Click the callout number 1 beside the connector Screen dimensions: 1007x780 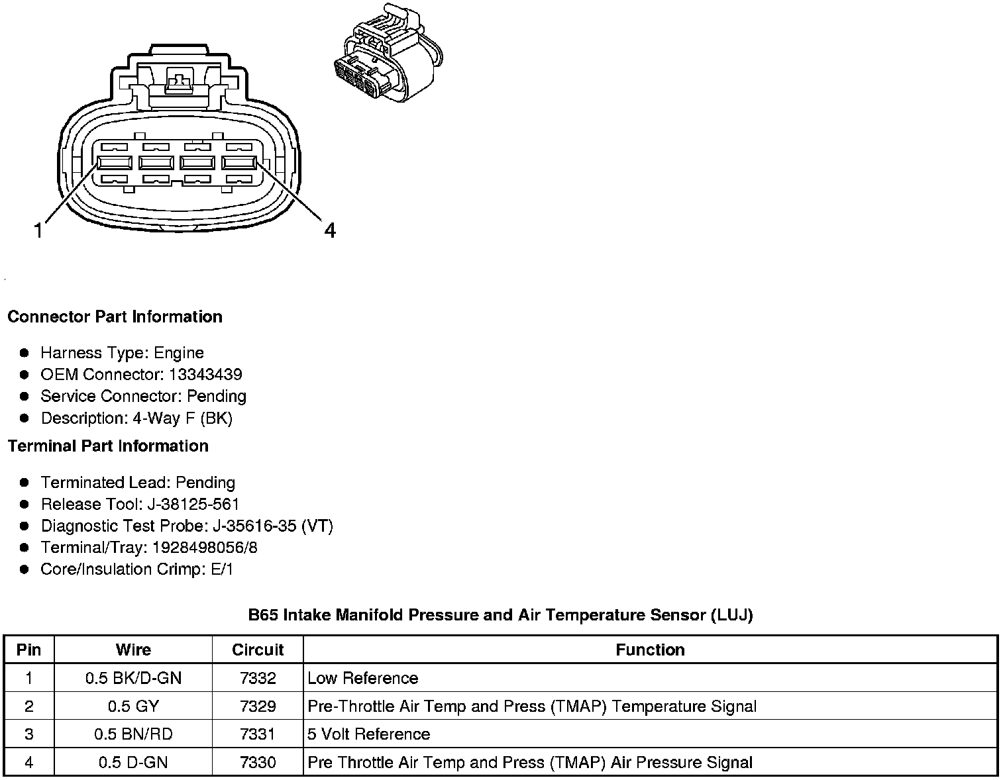pyautogui.click(x=38, y=230)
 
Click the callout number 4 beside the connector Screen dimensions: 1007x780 pyautogui.click(x=329, y=230)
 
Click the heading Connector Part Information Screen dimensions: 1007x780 pyautogui.click(x=115, y=317)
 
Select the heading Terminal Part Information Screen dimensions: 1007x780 pyautogui.click(x=108, y=446)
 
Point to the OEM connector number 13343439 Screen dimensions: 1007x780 pyautogui.click(x=205, y=374)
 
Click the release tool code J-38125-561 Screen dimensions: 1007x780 pyautogui.click(x=193, y=504)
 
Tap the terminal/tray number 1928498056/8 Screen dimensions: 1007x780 pyautogui.click(x=205, y=548)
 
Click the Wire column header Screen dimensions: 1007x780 pyautogui.click(x=133, y=650)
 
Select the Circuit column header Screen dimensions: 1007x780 pyautogui.click(x=258, y=650)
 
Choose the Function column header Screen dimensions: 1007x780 pyautogui.click(x=650, y=650)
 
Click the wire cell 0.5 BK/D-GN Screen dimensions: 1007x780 pyautogui.click(x=133, y=678)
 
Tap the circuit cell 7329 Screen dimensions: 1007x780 pyautogui.click(x=258, y=707)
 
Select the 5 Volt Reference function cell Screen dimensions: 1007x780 pyautogui.click(x=369, y=734)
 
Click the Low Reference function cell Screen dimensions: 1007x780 pyautogui.click(x=363, y=678)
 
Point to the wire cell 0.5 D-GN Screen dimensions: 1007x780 pyautogui.click(x=133, y=762)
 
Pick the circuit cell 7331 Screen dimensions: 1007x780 pyautogui.click(x=258, y=734)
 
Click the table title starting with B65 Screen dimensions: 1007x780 pyautogui.click(x=500, y=615)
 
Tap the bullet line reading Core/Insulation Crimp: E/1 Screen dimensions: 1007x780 pyautogui.click(x=136, y=569)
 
